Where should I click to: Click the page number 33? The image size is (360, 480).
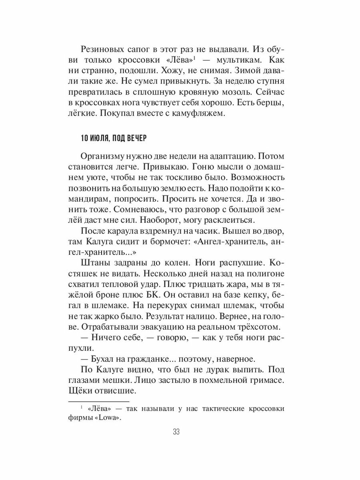[176, 432]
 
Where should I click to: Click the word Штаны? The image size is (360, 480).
[94, 264]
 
